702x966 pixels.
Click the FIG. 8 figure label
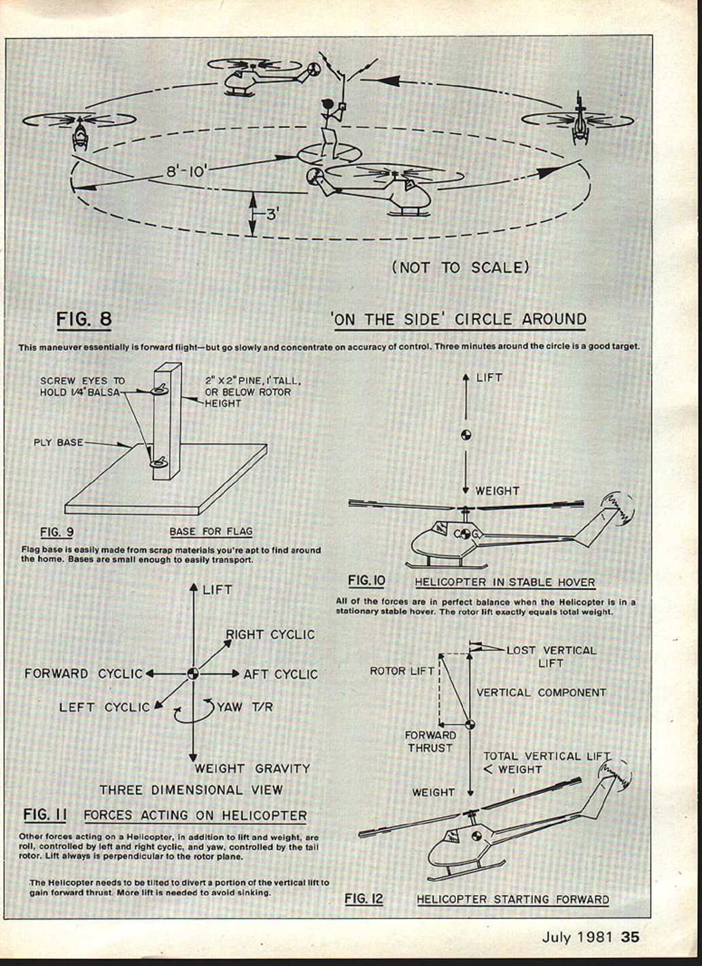pos(84,319)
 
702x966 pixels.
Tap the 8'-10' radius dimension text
pos(186,171)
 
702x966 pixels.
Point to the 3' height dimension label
pos(271,214)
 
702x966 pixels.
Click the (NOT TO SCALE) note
pos(460,267)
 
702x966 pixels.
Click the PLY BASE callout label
pos(58,443)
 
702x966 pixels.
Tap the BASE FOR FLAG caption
pos(211,532)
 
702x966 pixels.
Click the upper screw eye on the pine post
pos(161,390)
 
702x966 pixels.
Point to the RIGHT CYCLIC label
pos(270,634)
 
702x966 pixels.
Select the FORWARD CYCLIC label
pos(84,674)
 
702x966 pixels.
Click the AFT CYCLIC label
pos(281,674)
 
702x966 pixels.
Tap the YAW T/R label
pos(245,707)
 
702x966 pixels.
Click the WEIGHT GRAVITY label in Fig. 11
pos(252,769)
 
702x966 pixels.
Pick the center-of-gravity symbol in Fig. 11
pos(193,674)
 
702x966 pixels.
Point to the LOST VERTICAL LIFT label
pos(551,656)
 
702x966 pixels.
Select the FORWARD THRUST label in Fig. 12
pos(430,742)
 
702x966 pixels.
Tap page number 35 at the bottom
pos(630,937)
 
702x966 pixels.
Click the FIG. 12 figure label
pos(364,899)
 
